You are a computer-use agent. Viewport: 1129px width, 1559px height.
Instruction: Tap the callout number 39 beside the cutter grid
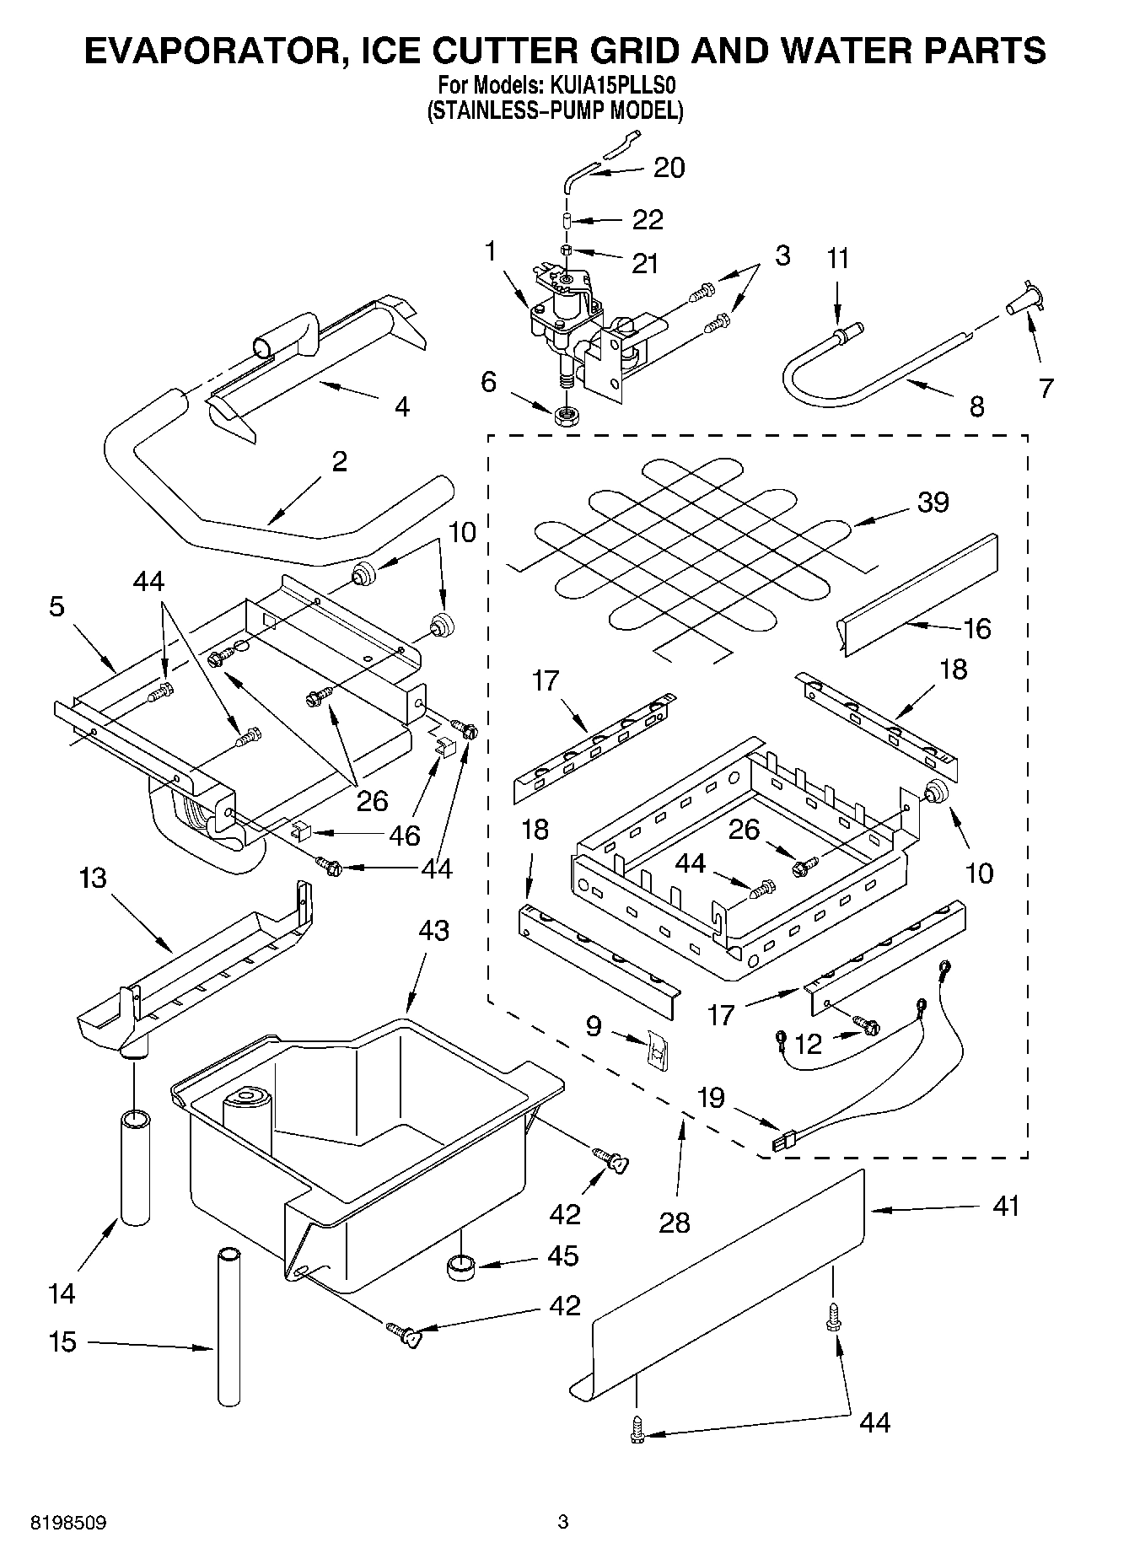pos(933,502)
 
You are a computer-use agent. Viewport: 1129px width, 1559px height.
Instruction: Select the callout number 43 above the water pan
pos(433,931)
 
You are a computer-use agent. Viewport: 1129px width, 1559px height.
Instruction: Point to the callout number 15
pos(62,1341)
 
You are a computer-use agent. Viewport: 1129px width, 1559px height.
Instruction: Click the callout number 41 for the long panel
pos(1006,1206)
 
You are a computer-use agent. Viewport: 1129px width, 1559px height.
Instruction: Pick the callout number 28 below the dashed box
pos(675,1222)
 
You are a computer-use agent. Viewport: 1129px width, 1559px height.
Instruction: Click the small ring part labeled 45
pos(460,1266)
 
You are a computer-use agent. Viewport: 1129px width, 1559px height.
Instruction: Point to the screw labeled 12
pos(866,1024)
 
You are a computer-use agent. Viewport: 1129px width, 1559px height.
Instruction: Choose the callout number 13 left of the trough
pos(93,878)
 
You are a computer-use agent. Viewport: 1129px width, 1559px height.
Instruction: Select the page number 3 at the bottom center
pos(563,1522)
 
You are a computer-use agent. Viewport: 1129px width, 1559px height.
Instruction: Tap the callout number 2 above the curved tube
pos(339,461)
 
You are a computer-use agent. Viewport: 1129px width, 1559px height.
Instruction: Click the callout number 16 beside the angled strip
pos(976,628)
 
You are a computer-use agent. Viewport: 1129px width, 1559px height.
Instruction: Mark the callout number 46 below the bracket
pos(404,835)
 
